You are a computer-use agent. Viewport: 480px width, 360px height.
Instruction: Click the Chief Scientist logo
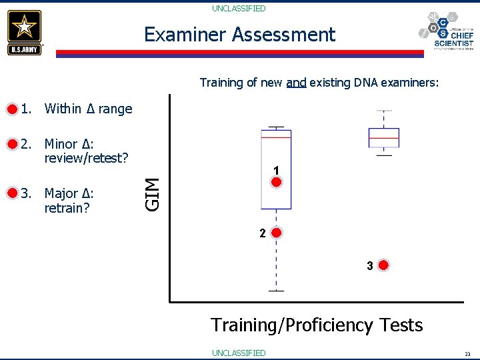tap(446, 31)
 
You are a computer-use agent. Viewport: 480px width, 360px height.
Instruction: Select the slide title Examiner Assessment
tap(239, 35)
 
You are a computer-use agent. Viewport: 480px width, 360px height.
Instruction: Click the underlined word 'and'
tap(296, 83)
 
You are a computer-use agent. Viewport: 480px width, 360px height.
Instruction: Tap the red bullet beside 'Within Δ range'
tap(11, 109)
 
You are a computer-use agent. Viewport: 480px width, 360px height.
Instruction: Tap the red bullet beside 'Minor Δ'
tap(11, 143)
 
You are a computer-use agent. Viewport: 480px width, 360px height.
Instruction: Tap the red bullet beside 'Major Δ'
tap(11, 193)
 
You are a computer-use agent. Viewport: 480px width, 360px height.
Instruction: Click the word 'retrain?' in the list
tap(67, 208)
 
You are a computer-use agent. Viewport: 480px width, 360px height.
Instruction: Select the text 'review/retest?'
tap(85, 158)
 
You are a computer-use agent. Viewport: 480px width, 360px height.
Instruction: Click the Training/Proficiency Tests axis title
tap(317, 325)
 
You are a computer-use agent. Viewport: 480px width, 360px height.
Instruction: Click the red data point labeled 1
tap(276, 182)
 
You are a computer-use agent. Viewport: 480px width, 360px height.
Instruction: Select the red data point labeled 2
tap(276, 233)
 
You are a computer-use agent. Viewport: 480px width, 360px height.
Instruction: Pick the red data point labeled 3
tap(383, 266)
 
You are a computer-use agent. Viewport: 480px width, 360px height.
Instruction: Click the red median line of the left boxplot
tap(276, 137)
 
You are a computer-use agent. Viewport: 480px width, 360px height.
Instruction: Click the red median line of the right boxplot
tap(384, 138)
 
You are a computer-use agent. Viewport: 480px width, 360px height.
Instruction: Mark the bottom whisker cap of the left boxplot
tap(276, 291)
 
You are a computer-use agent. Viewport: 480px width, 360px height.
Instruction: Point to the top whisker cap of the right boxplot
tap(384, 111)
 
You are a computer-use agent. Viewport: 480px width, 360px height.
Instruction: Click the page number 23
tap(467, 353)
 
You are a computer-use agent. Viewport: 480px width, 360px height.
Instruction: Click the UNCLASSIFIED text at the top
tap(239, 9)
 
